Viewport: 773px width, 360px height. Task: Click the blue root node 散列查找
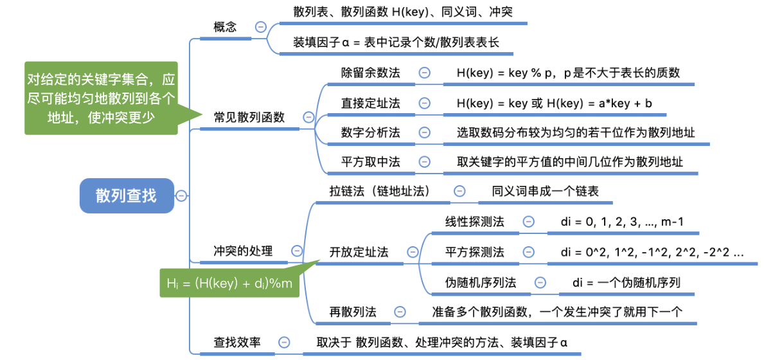click(x=127, y=195)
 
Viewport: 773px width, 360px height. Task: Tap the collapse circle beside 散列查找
click(x=181, y=195)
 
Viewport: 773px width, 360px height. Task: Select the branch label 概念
click(x=225, y=26)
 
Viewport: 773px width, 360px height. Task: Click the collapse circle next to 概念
click(x=260, y=26)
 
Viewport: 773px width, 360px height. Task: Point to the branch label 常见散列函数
click(x=249, y=117)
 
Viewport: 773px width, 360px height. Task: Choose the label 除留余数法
click(x=371, y=73)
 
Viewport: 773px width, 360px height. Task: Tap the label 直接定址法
click(x=371, y=104)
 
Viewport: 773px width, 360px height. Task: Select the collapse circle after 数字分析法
click(x=425, y=132)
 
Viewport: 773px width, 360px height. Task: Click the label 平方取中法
click(x=371, y=161)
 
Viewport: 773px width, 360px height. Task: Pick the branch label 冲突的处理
click(x=244, y=251)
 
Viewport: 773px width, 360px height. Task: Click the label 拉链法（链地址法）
click(x=380, y=191)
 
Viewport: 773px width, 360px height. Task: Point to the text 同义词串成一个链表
click(x=546, y=191)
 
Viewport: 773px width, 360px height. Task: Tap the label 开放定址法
click(x=359, y=252)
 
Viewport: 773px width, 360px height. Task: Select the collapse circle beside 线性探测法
click(x=528, y=222)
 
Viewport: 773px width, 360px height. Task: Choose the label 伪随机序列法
click(x=481, y=283)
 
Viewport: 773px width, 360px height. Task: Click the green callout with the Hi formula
click(x=229, y=283)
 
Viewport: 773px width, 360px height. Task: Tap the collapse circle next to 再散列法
click(x=400, y=312)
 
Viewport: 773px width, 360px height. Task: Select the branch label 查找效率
click(x=237, y=343)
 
